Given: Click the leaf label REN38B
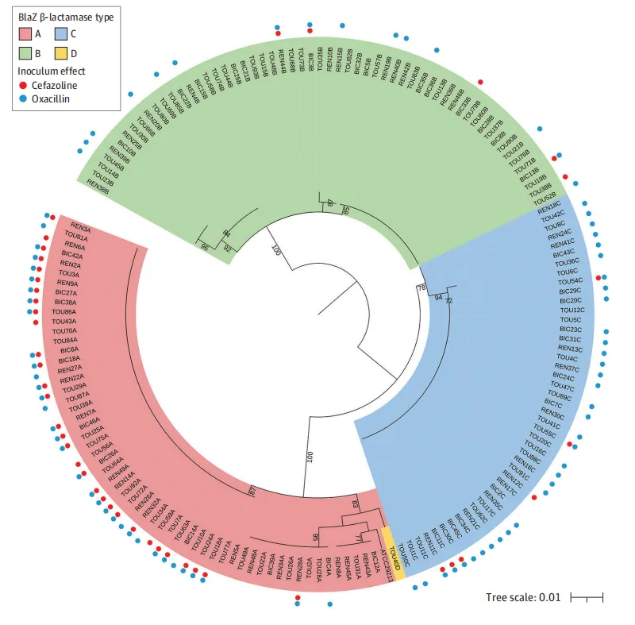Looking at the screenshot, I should pos(98,183).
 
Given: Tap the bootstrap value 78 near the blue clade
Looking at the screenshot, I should pos(421,287).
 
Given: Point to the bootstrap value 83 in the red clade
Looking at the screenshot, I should pos(356,505).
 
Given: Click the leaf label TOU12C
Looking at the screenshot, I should pos(583,310).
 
